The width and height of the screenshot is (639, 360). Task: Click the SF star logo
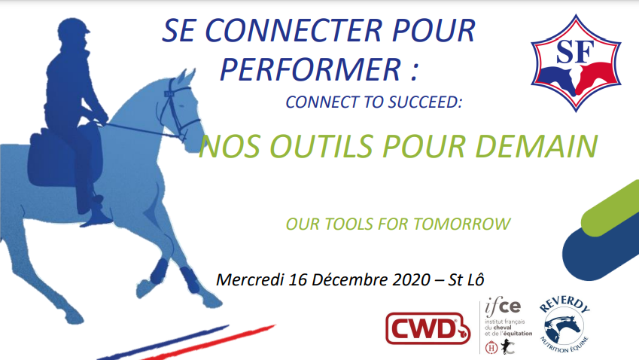pos(576,63)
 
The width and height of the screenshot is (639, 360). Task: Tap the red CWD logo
pos(428,328)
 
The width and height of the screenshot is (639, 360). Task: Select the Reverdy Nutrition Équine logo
pos(564,324)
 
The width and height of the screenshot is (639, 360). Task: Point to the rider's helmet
pos(73,29)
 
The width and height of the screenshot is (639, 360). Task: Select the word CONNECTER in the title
pos(293,31)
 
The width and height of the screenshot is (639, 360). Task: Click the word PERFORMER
pos(311,70)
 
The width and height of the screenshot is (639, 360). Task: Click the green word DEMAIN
pos(537,146)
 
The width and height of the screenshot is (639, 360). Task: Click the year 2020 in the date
pos(411,279)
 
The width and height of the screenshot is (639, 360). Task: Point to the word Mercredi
pos(249,279)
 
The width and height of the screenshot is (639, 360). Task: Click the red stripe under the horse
pos(208,343)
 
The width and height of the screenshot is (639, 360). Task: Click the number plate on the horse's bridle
pos(169,94)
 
